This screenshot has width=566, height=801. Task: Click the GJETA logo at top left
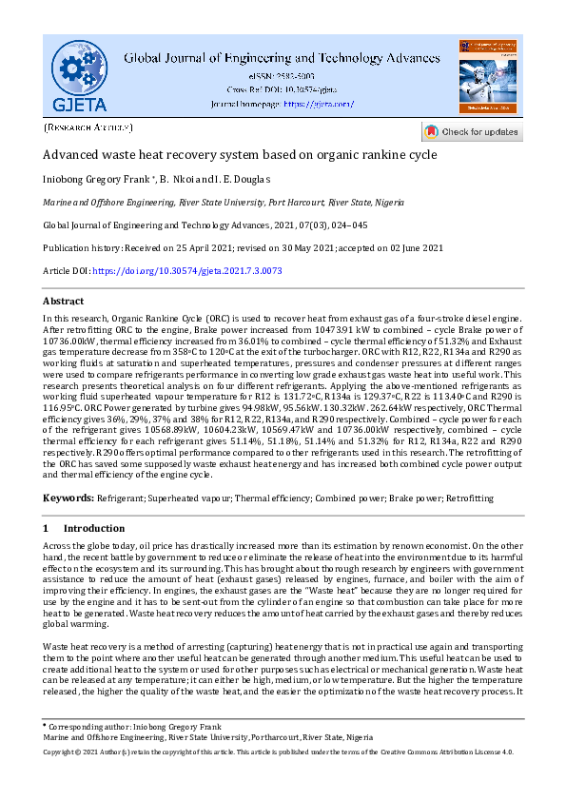pyautogui.click(x=80, y=74)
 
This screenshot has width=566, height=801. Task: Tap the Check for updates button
pyautogui.click(x=471, y=132)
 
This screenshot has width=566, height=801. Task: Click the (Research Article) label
pyautogui.click(x=88, y=127)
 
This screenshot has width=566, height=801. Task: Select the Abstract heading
pyautogui.click(x=64, y=301)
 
